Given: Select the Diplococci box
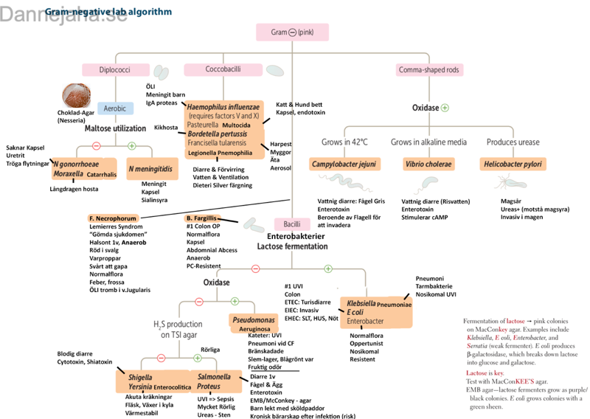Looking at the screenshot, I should pos(114,70).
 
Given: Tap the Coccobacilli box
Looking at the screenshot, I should pos(222,69).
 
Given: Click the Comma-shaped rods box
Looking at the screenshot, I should pos(428,69).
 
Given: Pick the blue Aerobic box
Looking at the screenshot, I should pos(115,108).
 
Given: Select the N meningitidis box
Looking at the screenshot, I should pos(153,169).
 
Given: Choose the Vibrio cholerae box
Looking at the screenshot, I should pos(428,164).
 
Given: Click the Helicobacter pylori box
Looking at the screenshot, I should pos(513,164).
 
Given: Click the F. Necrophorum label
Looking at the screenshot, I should pos(113,219).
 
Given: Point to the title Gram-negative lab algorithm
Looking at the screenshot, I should pos(108,12).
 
